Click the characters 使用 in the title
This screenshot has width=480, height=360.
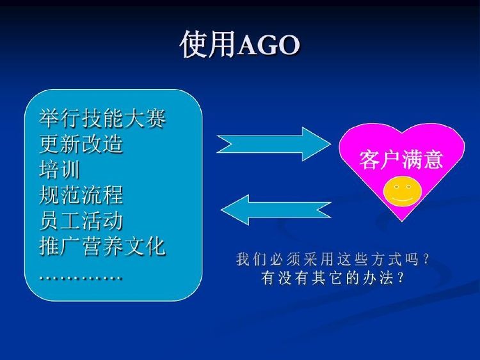coord(209,44)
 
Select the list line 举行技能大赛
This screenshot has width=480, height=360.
coord(102,118)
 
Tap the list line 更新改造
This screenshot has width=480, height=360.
coord(81,144)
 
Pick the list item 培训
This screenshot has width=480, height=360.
coord(60,169)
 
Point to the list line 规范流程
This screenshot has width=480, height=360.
coord(81,195)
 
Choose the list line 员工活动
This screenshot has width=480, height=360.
coord(81,221)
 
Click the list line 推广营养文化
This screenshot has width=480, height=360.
coord(102,246)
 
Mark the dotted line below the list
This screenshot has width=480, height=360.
coord(81,278)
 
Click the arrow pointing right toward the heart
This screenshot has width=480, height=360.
coord(274,144)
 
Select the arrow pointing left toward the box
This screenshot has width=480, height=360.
coord(275,210)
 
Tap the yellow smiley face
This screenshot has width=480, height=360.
coord(403,191)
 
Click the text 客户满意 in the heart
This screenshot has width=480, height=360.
coord(401,159)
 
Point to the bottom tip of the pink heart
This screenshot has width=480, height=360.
coord(401,221)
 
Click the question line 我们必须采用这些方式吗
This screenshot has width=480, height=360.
coord(333,260)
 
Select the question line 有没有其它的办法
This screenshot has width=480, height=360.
coord(333,278)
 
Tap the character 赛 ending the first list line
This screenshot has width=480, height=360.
coord(156,118)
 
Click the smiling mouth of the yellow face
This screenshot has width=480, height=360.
coord(401,199)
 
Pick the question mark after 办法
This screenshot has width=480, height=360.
coord(401,278)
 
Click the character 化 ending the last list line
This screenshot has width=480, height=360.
coord(156,246)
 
